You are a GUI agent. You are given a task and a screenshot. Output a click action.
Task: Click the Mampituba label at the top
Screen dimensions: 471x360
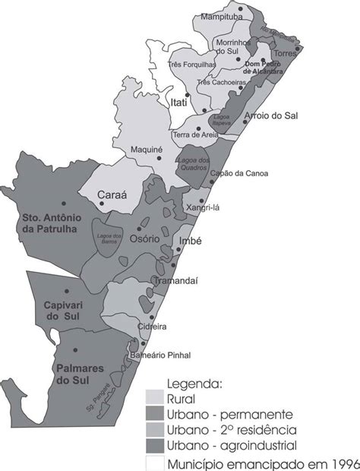point(223,15)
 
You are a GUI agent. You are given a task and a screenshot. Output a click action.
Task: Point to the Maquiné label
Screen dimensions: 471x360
point(147,150)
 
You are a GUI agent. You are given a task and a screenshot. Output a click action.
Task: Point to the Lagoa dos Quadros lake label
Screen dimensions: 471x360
point(194,163)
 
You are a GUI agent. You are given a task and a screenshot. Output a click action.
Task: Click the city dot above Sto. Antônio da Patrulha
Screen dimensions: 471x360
point(74,203)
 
